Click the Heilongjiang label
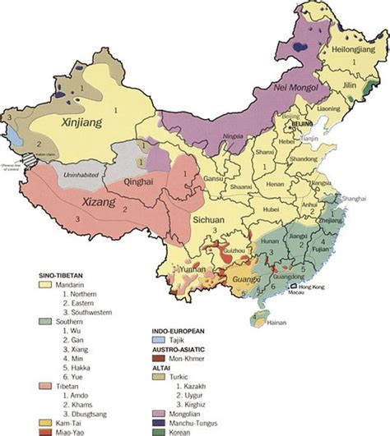pyautogui.click(x=336, y=50)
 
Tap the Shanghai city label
pyautogui.click(x=355, y=199)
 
